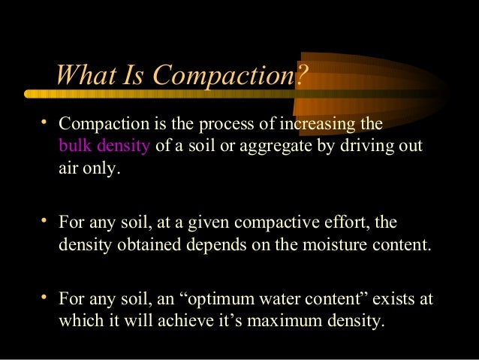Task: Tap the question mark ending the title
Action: tap(303, 75)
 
